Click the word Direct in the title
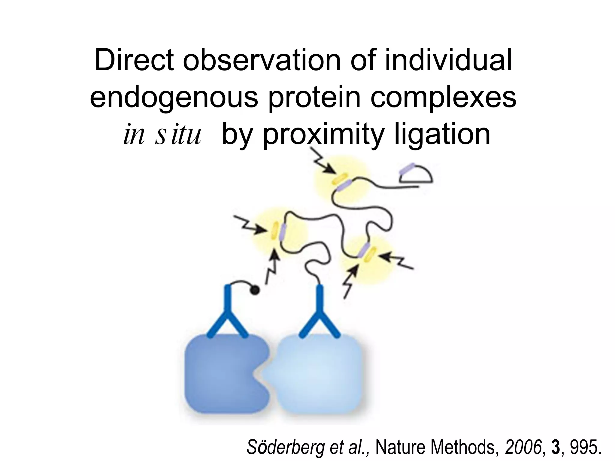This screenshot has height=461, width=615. [x=134, y=61]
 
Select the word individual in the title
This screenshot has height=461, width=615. [x=448, y=61]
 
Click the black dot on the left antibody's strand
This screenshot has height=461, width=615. [x=255, y=290]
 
